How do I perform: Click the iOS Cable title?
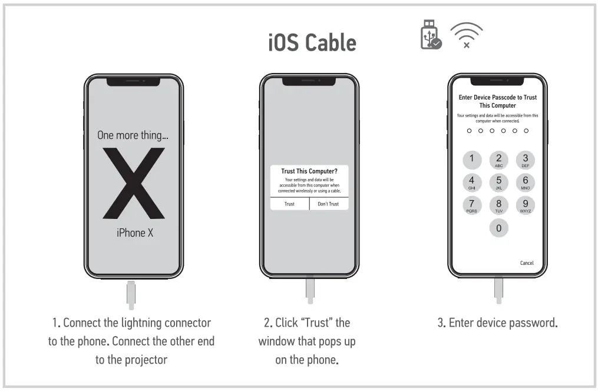312,43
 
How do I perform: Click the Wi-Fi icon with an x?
466,36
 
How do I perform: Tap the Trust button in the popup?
289,204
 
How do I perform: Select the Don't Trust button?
328,204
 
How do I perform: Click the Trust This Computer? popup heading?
309,171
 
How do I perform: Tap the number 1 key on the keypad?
471,160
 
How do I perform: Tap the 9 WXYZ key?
525,205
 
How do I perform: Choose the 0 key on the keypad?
498,228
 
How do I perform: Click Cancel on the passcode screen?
526,263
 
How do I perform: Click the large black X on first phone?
134,183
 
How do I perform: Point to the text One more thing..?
133,135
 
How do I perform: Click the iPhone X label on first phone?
134,233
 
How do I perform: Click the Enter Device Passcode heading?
498,101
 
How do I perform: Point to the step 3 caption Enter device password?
497,323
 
